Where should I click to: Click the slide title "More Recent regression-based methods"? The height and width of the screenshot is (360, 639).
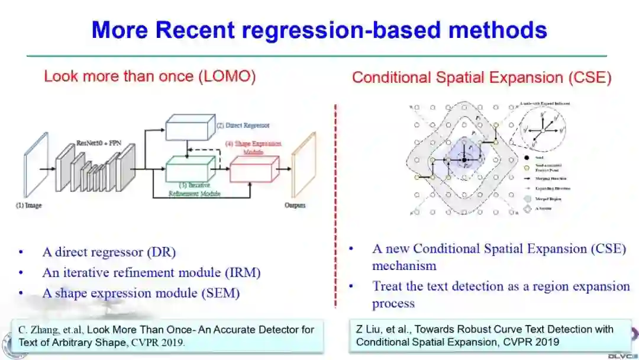point(319,30)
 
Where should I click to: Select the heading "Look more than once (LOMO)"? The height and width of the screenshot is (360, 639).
point(150,76)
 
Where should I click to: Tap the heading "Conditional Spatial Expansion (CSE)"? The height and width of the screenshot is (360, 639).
point(482,78)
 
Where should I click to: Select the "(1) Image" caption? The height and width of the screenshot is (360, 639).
point(28,205)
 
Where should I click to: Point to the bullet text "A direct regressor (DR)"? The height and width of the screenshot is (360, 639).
point(109,252)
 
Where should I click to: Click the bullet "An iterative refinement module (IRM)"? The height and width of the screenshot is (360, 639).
point(151,272)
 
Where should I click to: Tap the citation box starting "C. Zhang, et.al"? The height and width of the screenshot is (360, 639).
point(167,335)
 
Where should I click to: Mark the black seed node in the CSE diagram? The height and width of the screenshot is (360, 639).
point(464,160)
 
